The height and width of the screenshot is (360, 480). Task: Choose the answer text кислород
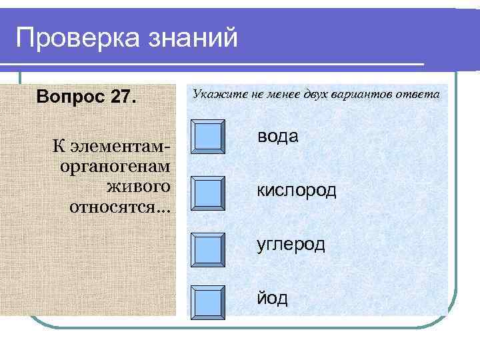pyautogui.click(x=297, y=191)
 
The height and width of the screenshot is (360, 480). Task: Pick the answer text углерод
pyautogui.click(x=291, y=245)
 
